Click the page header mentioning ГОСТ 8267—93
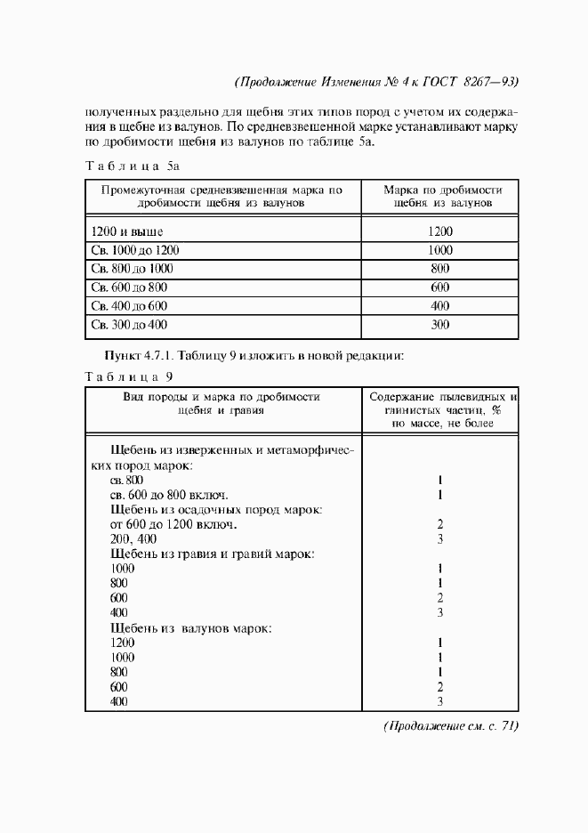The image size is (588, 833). tap(376, 82)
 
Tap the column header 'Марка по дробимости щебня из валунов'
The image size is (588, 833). tap(442, 197)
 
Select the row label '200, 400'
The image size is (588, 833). tap(134, 539)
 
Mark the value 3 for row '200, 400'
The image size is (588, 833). tap(440, 539)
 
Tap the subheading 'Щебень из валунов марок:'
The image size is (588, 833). tap(190, 627)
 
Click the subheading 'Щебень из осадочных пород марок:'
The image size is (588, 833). tap(215, 509)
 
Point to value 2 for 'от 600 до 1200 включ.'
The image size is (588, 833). tap(440, 524)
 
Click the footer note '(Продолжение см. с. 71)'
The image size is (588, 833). tap(450, 726)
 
